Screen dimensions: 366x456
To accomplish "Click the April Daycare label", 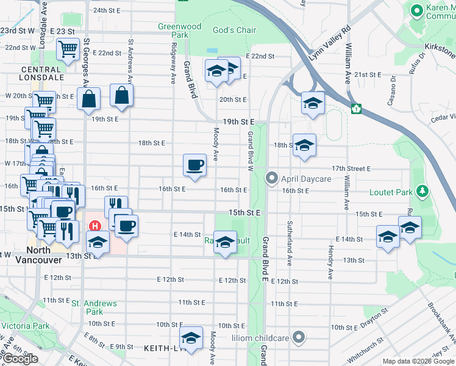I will pos(305,179).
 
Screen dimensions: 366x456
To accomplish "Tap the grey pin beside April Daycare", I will pos(271,179).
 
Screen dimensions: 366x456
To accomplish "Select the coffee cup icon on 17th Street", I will pos(194,165).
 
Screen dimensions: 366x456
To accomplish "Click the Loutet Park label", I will pos(391,192).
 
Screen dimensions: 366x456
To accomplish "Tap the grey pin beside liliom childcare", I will pos(299,337).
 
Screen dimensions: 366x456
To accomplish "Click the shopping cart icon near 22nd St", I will pos(68,49).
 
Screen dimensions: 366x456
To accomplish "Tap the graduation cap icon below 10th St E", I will pos(191,339).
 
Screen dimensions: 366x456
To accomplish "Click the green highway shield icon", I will pos(356,109).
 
